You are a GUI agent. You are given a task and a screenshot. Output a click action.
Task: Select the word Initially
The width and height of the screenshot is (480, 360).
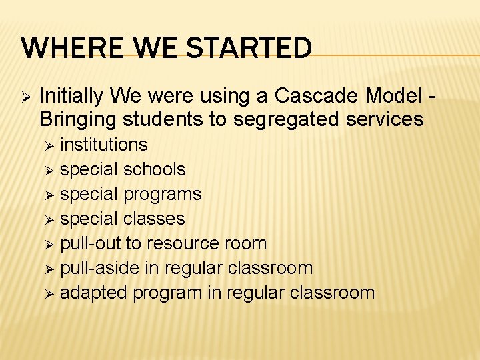71,97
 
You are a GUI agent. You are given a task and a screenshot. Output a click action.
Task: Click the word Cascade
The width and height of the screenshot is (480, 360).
313,97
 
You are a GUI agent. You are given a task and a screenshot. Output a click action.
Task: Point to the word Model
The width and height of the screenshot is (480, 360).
393,97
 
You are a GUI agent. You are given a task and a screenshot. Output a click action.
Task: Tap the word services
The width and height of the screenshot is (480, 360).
387,119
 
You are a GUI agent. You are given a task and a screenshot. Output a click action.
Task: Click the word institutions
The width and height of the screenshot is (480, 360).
103,145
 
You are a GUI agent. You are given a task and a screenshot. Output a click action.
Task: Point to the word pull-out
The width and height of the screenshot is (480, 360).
90,243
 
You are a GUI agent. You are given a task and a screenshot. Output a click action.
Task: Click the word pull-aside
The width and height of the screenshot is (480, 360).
96,268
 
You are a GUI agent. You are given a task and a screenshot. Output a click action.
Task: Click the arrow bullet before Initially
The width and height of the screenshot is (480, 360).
26,97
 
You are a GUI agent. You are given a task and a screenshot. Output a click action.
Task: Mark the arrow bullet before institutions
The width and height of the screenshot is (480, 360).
46,145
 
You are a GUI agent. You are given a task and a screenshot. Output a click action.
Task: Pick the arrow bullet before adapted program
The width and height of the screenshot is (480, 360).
46,293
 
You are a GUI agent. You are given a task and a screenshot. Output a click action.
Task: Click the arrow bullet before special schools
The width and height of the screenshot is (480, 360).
46,170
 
